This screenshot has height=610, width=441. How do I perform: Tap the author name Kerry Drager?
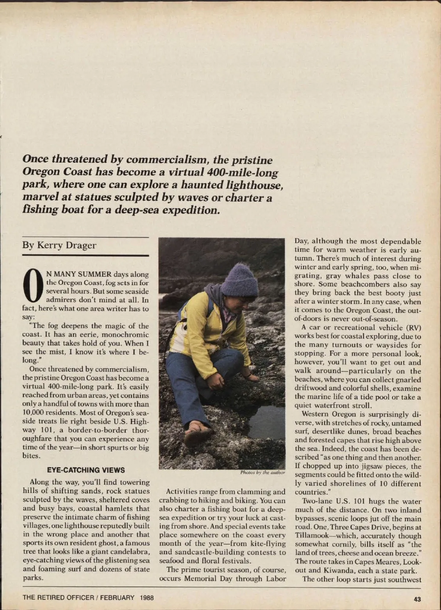(59, 245)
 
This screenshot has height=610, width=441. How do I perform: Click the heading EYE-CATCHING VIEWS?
(86, 470)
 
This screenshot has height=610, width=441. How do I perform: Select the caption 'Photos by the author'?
(262, 472)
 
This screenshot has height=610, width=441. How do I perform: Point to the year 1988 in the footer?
(147, 597)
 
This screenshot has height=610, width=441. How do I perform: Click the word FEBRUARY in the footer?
(117, 597)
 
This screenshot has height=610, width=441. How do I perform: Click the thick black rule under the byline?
(86, 255)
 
